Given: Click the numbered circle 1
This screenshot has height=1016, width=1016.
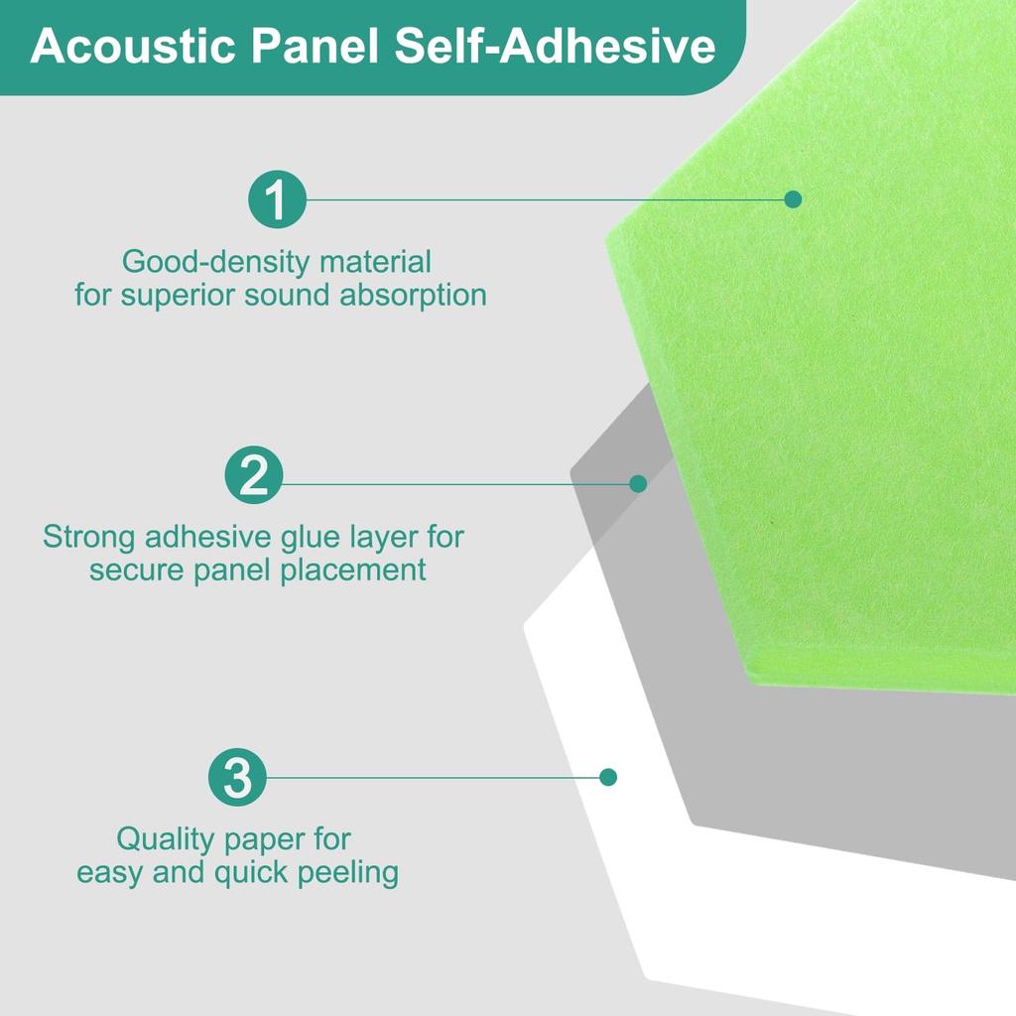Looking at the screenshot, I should pyautogui.click(x=277, y=199).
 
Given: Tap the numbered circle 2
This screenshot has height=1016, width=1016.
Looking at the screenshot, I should pyautogui.click(x=254, y=476).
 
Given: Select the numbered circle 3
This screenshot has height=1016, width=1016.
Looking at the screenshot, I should pyautogui.click(x=238, y=778).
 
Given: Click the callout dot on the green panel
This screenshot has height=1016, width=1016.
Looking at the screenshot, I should pyautogui.click(x=793, y=199).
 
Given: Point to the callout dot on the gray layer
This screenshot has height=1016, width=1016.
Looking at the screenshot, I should pyautogui.click(x=638, y=484).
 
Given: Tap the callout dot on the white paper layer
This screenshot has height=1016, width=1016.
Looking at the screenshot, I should pyautogui.click(x=608, y=777).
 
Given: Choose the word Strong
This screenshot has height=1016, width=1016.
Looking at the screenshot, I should pyautogui.click(x=89, y=538).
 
